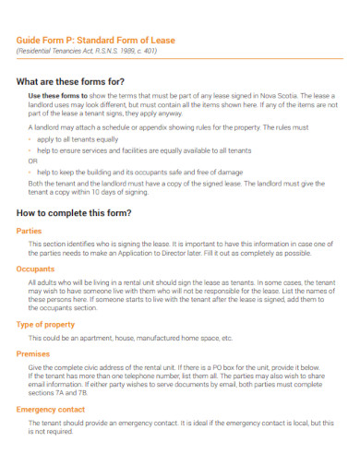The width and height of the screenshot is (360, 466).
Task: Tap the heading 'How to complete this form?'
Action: coord(75,212)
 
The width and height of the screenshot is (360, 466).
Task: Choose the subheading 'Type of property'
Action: coord(46,326)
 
